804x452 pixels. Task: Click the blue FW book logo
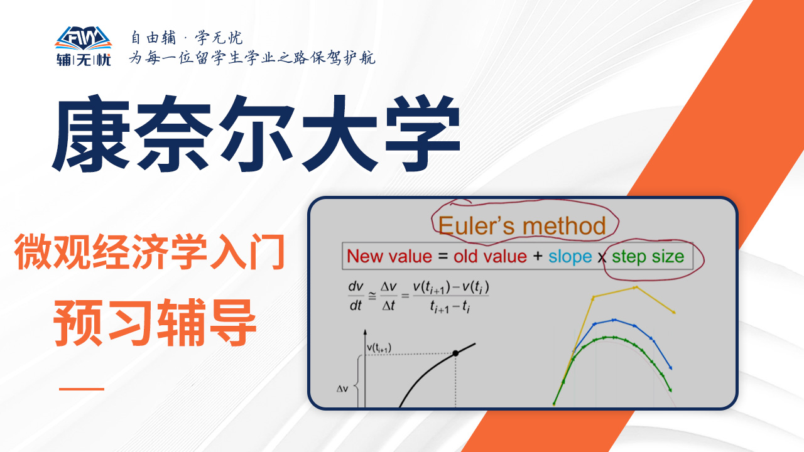tap(84, 38)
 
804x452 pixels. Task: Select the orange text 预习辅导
tap(155, 323)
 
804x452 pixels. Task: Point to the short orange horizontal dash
tap(82, 389)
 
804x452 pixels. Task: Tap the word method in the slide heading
tap(564, 226)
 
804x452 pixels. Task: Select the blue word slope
tap(570, 257)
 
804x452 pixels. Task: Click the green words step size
tap(648, 257)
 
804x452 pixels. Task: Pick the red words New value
tap(389, 257)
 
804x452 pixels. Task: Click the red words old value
tap(490, 257)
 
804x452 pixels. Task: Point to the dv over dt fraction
tap(356, 296)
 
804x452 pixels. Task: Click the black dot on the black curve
tap(455, 353)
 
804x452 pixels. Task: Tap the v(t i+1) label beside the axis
tap(379, 348)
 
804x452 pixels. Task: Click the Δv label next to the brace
tap(342, 389)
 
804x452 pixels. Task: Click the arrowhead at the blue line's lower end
tap(670, 367)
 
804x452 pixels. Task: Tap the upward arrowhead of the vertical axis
tap(365, 332)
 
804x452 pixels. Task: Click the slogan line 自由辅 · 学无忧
tap(187, 38)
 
